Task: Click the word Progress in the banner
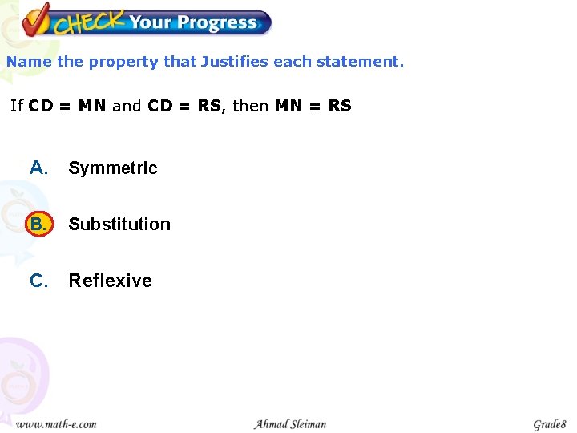(x=217, y=22)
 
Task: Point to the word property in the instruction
(x=123, y=62)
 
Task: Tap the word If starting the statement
(x=17, y=106)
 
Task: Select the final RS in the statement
(x=340, y=106)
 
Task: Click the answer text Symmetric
(x=113, y=168)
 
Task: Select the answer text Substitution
(x=119, y=225)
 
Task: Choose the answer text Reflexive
(x=111, y=281)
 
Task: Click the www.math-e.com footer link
(x=56, y=423)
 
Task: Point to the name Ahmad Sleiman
(x=290, y=423)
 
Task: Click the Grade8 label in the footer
(x=550, y=423)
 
